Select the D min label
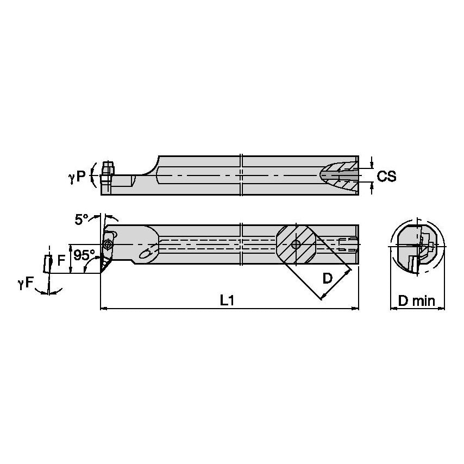(417, 300)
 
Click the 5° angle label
(82, 220)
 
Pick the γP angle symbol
(78, 177)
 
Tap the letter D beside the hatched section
(328, 279)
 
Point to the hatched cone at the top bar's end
(340, 175)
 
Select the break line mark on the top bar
(242, 175)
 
